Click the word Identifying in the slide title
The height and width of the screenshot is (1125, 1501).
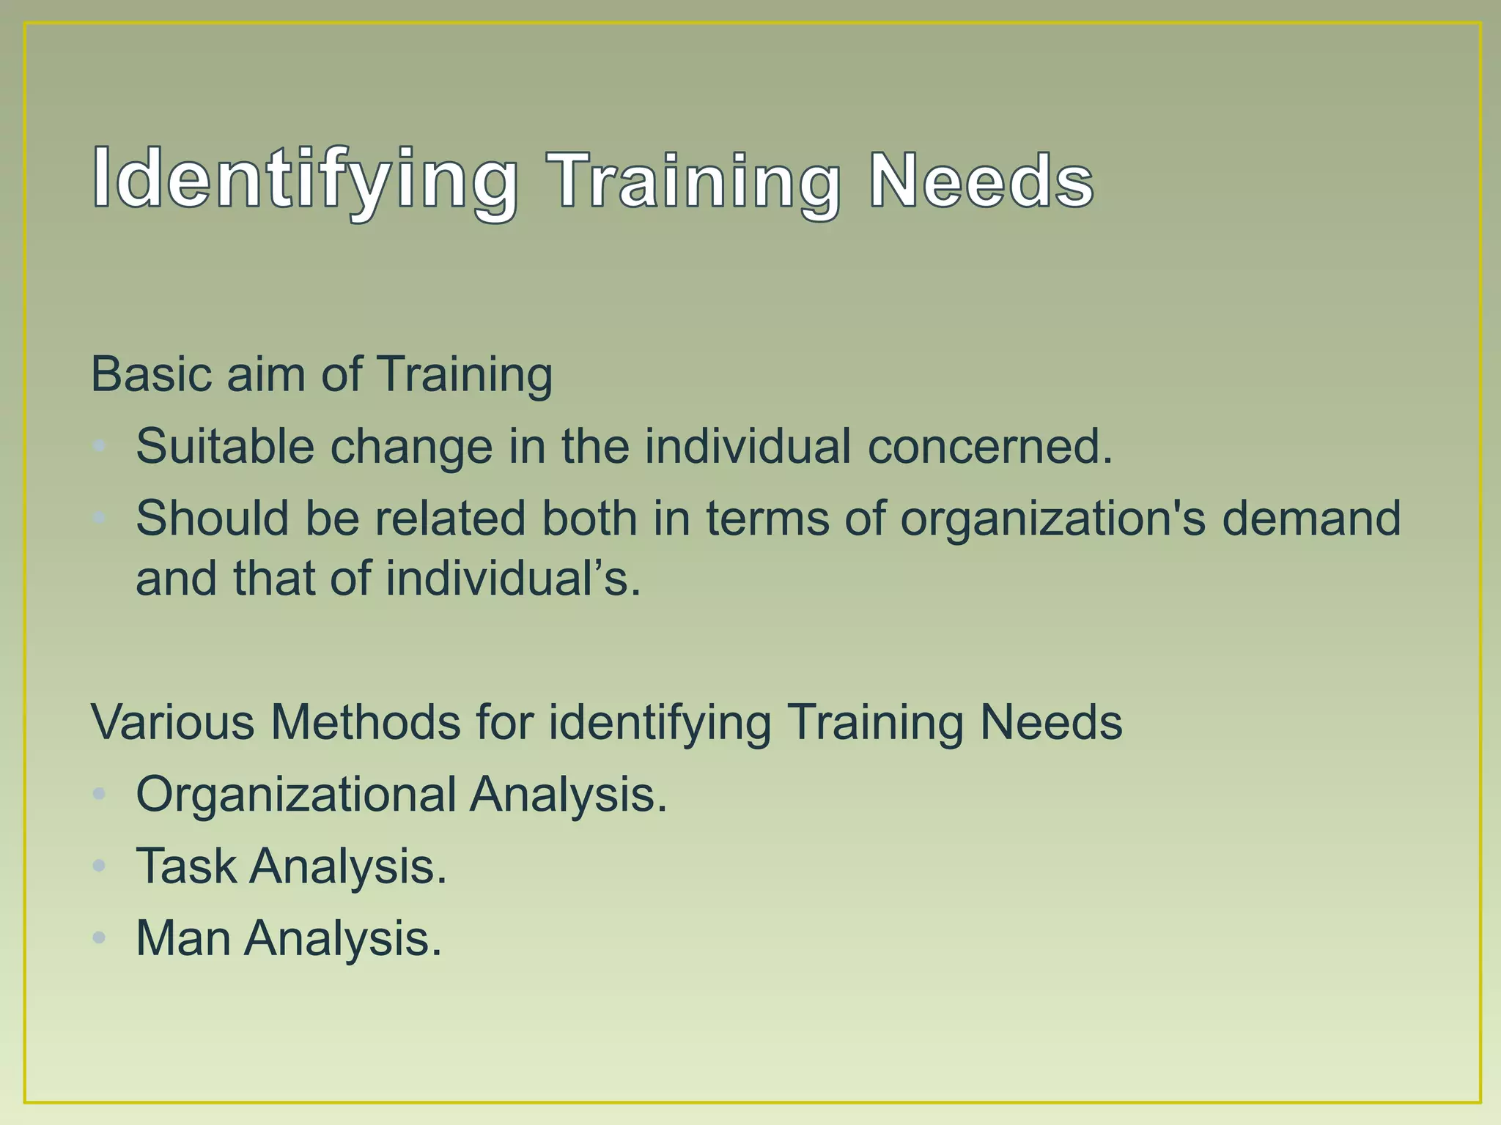[305, 180]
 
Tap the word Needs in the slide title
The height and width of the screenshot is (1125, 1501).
[981, 180]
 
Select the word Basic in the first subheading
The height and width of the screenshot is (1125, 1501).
[151, 374]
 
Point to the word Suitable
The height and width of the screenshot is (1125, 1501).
[224, 446]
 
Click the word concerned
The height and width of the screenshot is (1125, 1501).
[989, 446]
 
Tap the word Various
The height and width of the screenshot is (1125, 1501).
[172, 722]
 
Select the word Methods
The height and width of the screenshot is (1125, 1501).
[365, 722]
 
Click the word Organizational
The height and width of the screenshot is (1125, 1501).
[296, 795]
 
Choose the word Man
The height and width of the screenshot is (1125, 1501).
[183, 938]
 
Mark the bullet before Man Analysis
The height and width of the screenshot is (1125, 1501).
[100, 938]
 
